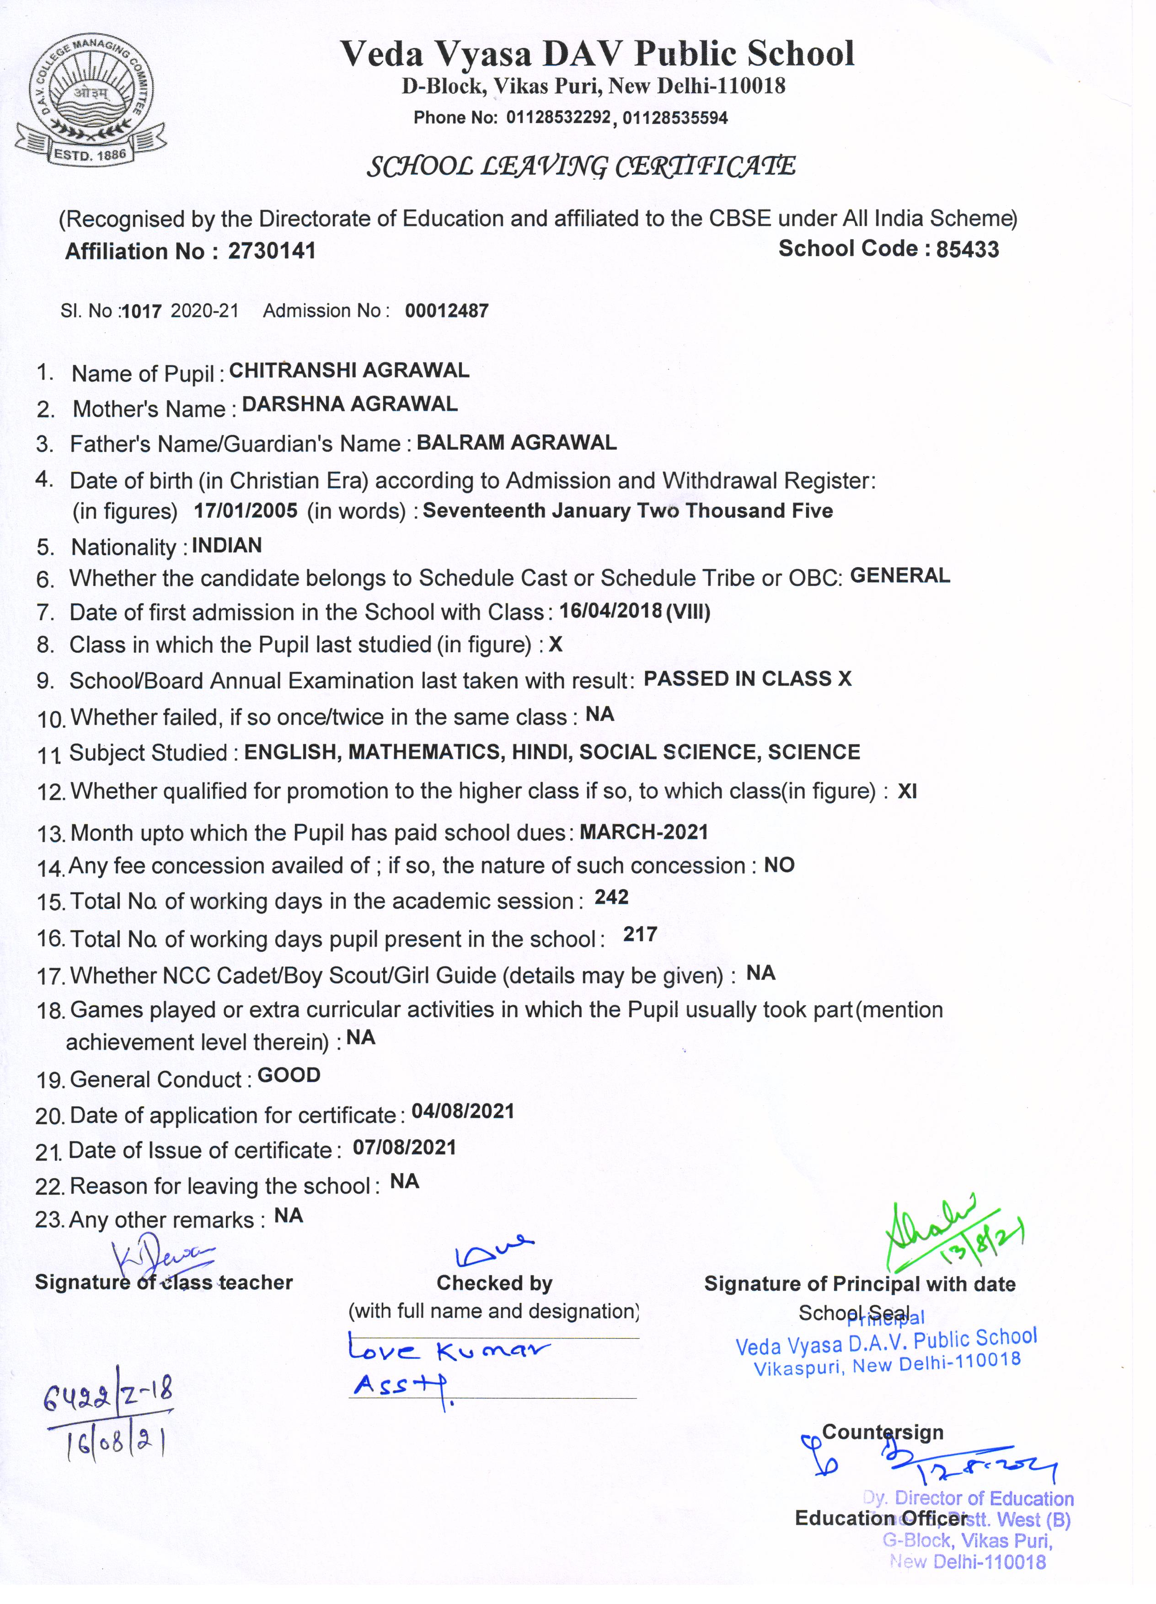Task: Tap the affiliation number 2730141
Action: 272,251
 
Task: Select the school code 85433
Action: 967,249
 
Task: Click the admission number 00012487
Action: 446,311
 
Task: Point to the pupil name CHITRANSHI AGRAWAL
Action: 349,370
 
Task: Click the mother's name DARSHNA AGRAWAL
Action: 349,404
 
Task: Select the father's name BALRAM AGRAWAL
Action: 516,443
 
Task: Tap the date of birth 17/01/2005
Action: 246,510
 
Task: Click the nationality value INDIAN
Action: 226,545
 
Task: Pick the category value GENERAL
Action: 899,576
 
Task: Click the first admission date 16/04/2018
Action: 610,610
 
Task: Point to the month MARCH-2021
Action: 643,832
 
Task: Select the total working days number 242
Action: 611,897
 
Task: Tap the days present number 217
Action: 640,934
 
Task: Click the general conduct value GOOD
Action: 289,1075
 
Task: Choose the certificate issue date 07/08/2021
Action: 404,1147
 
